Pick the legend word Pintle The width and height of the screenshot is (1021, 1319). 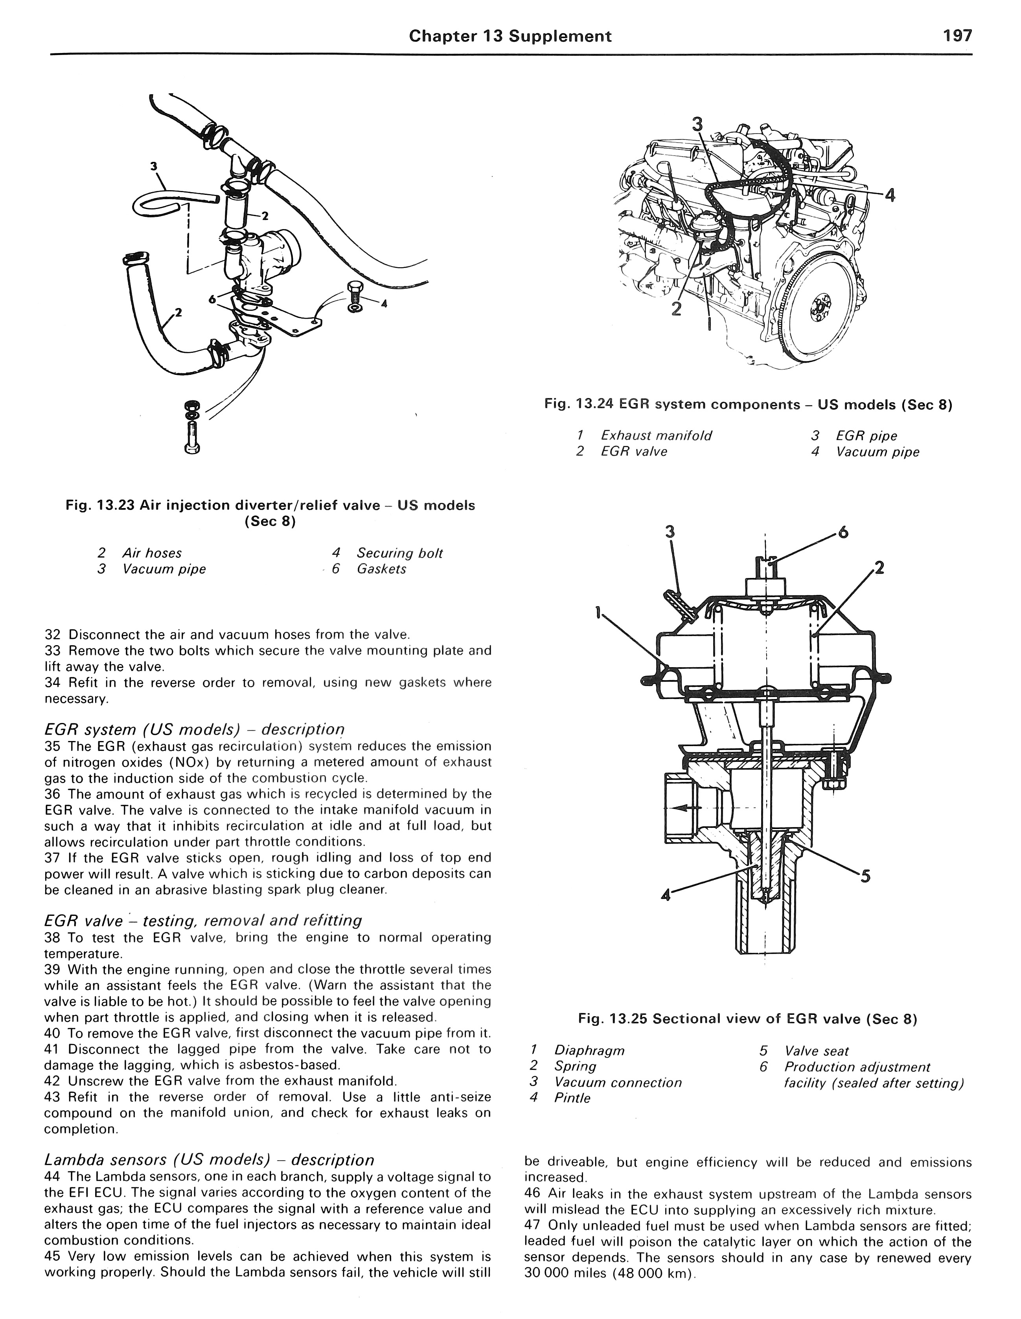tap(572, 1098)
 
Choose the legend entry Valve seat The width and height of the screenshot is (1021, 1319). tap(816, 1051)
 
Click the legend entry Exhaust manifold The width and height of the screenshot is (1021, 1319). tap(655, 435)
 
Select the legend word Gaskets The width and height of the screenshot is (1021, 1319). tap(381, 569)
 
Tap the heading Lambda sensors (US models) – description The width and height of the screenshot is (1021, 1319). tap(209, 1159)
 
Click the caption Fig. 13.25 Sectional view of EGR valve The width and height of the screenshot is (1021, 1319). tap(747, 1020)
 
